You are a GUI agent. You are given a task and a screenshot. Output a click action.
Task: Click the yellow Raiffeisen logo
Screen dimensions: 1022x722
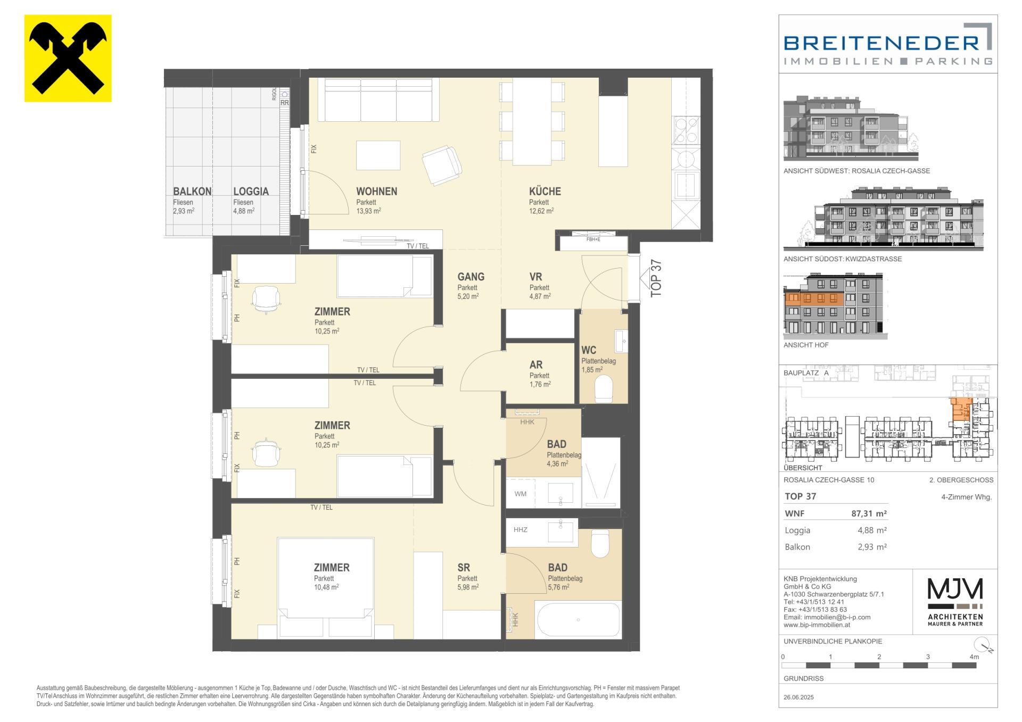(x=68, y=58)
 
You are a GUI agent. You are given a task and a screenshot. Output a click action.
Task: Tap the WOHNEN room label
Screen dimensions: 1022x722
(x=376, y=192)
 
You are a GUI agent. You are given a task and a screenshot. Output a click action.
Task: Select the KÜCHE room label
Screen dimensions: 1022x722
(x=545, y=192)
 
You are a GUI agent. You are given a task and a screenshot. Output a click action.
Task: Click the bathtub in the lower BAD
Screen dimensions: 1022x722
(x=578, y=619)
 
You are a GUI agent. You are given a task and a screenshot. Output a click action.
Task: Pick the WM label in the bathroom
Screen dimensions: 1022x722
(x=520, y=494)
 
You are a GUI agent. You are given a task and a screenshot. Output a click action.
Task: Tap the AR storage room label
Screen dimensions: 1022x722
(x=535, y=365)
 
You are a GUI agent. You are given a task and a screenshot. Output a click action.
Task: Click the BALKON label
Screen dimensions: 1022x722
(x=192, y=192)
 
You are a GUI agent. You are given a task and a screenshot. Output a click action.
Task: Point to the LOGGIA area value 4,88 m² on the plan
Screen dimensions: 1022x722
(x=244, y=211)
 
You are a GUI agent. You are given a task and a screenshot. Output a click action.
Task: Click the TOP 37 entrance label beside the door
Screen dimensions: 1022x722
(x=656, y=278)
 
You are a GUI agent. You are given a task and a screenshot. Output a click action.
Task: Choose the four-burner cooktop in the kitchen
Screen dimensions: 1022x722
(x=686, y=131)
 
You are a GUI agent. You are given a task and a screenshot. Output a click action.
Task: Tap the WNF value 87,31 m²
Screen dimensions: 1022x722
(x=869, y=514)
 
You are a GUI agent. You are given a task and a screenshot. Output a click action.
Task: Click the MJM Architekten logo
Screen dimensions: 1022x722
(x=955, y=602)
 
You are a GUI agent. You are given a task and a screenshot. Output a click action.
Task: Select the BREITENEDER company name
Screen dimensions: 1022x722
(x=881, y=43)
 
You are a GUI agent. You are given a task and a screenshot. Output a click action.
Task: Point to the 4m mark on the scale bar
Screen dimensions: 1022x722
(x=974, y=657)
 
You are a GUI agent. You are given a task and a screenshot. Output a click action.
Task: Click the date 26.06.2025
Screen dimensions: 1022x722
(x=798, y=697)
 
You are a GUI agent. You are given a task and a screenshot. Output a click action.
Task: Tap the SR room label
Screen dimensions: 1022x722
(x=463, y=568)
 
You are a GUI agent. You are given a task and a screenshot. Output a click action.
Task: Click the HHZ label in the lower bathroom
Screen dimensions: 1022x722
(x=520, y=530)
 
